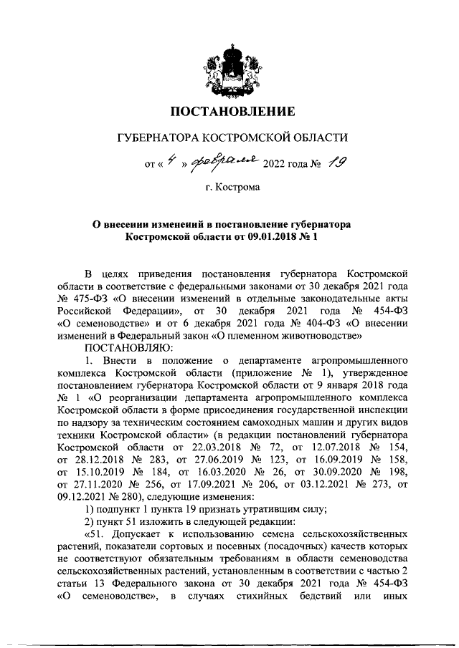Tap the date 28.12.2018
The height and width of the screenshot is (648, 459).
pos(98,460)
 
